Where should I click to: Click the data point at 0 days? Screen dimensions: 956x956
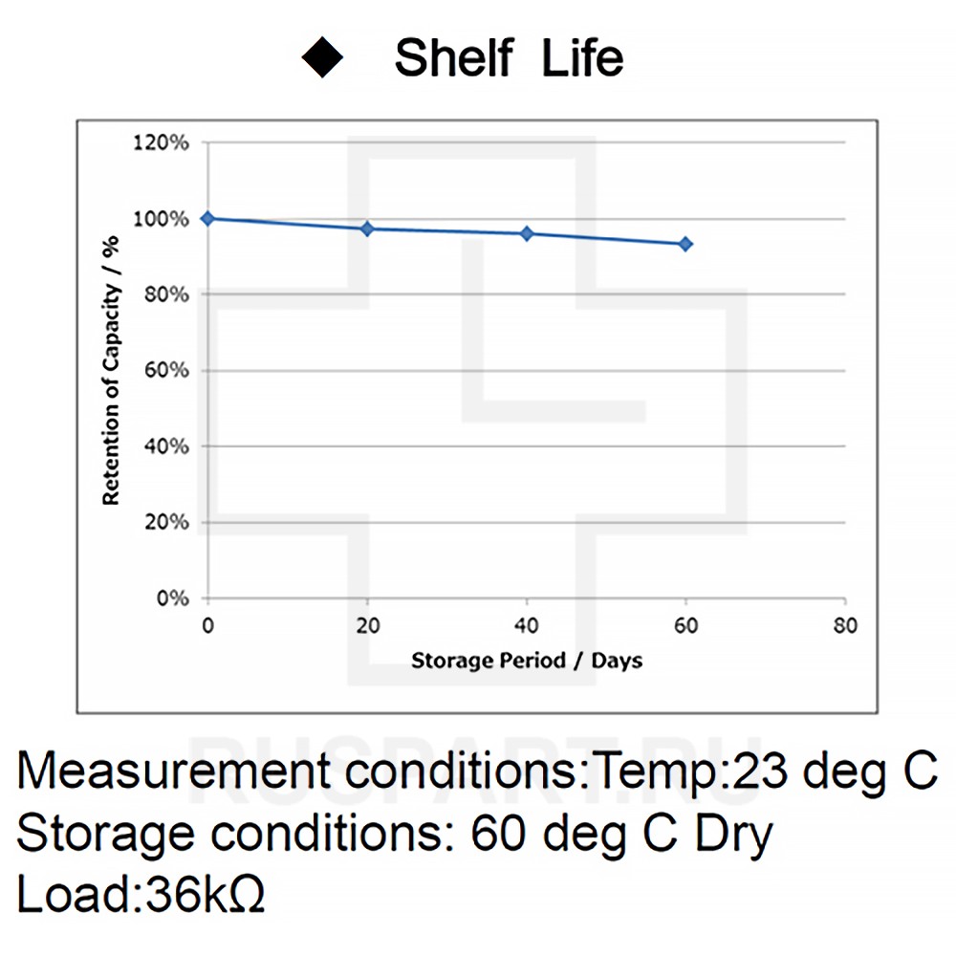[207, 218]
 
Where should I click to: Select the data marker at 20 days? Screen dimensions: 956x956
[367, 228]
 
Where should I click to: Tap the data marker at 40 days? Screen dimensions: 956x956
[527, 233]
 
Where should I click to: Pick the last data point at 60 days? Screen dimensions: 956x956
[685, 244]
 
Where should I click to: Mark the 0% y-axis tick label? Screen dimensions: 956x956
[175, 598]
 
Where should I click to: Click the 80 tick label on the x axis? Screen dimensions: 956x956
[845, 626]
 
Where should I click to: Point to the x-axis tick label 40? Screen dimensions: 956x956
[527, 626]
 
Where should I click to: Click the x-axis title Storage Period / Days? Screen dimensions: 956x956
[527, 661]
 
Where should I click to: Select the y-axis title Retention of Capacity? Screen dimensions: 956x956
[111, 370]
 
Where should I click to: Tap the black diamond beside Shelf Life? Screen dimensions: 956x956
[323, 58]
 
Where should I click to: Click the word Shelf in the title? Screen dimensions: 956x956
[453, 58]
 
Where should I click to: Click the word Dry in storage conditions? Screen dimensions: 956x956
[732, 835]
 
